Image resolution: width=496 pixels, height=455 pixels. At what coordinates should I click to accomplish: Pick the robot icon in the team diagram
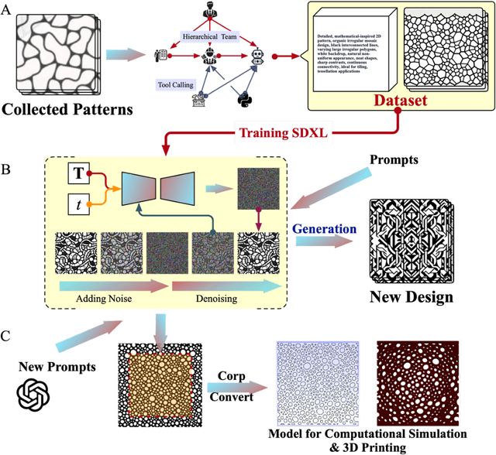click(x=259, y=54)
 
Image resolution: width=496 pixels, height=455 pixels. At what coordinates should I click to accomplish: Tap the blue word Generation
click(x=324, y=230)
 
